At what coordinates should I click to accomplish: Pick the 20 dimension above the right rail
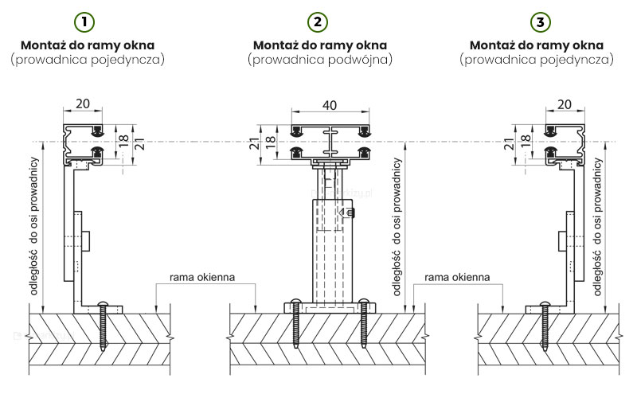[x=564, y=104]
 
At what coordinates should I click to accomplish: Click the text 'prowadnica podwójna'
[x=321, y=60]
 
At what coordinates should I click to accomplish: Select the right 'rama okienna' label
[x=456, y=278]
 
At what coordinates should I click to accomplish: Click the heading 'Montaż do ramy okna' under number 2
[x=321, y=45]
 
